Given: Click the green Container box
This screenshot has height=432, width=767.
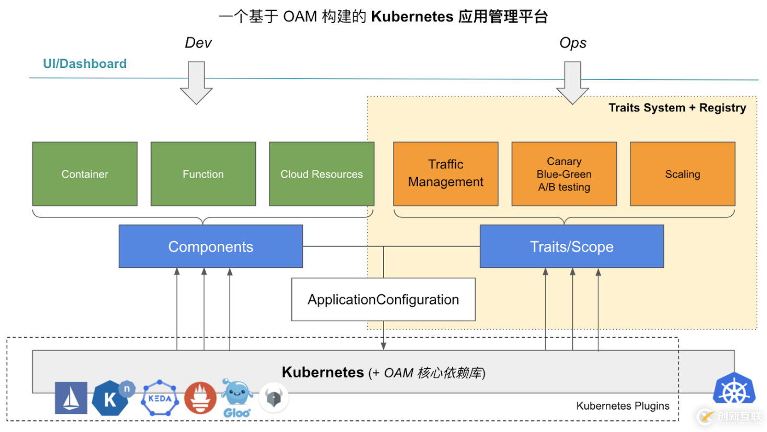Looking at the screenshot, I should pos(85,174).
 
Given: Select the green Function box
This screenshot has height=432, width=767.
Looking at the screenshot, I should pos(203,174).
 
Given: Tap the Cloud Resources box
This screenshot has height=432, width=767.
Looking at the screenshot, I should pos(321,174).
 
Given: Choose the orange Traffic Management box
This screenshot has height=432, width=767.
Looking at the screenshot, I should pos(446,174).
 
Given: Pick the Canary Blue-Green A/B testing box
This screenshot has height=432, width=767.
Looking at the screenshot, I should pos(564,174).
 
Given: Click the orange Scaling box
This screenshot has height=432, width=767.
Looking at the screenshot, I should pos(682,174).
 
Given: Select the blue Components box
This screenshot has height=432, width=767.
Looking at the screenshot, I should pos(210,247).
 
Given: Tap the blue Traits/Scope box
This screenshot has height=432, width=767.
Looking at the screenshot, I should pos(571,247).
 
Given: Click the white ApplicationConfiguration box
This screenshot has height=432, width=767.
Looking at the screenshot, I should pos(383,299).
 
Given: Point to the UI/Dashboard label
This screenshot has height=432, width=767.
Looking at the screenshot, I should pos(85,64).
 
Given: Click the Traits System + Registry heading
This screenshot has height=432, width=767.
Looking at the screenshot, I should pos(677,108).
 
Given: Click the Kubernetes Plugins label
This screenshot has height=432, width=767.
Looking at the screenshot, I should pos(623,406).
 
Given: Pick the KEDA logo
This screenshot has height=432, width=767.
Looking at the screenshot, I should pos(160,399).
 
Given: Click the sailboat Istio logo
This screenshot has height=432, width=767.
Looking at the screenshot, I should pos(71,399).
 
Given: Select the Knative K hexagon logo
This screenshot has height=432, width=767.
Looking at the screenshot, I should pos(111,399).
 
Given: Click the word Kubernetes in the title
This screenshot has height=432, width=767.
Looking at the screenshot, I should pos(412,17).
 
